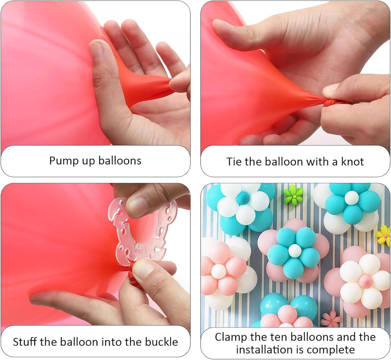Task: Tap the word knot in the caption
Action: pos(352,162)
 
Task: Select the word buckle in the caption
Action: pos(162,342)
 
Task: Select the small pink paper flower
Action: pos(331,318)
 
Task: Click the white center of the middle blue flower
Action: pos(294,250)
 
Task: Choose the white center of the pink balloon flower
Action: pos(218,271)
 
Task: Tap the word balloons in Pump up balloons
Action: pos(120,161)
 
